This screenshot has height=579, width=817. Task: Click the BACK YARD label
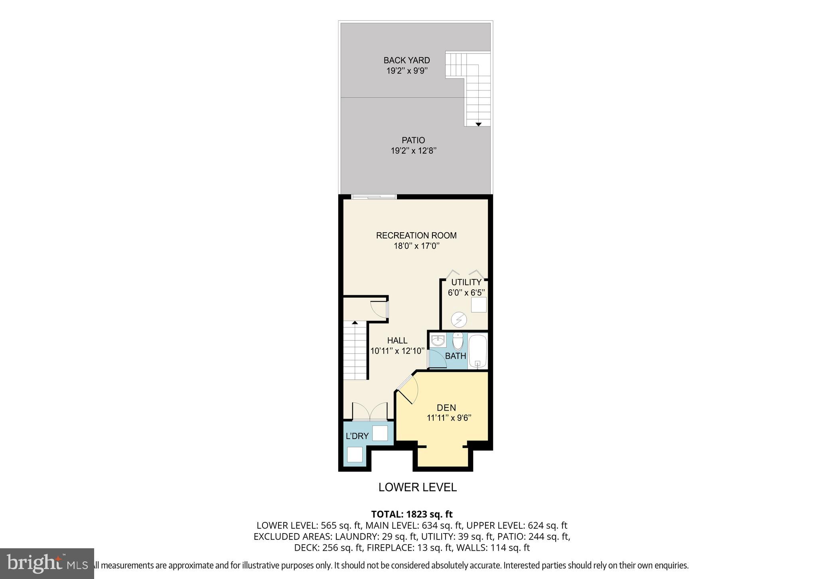click(407, 60)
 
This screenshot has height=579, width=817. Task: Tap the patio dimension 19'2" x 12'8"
click(413, 151)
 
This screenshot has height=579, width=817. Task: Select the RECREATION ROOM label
click(416, 235)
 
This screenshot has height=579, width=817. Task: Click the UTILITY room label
click(466, 282)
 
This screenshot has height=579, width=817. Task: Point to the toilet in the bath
click(458, 342)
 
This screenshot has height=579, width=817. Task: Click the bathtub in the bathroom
click(478, 352)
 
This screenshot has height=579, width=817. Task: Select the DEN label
click(446, 407)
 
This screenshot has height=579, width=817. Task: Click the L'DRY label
click(357, 436)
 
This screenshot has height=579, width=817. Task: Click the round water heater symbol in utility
click(458, 320)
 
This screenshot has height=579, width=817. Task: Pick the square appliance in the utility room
click(479, 305)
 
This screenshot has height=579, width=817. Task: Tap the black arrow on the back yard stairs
click(478, 124)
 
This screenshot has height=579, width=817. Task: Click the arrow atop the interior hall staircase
click(355, 322)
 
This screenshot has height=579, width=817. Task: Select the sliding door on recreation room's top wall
click(374, 196)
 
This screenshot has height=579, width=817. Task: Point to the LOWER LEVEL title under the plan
click(417, 487)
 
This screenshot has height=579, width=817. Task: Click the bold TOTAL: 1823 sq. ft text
click(412, 514)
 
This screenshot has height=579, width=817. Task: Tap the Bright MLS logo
click(47, 563)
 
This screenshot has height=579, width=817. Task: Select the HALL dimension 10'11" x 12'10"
click(397, 351)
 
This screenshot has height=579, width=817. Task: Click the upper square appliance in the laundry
click(380, 433)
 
